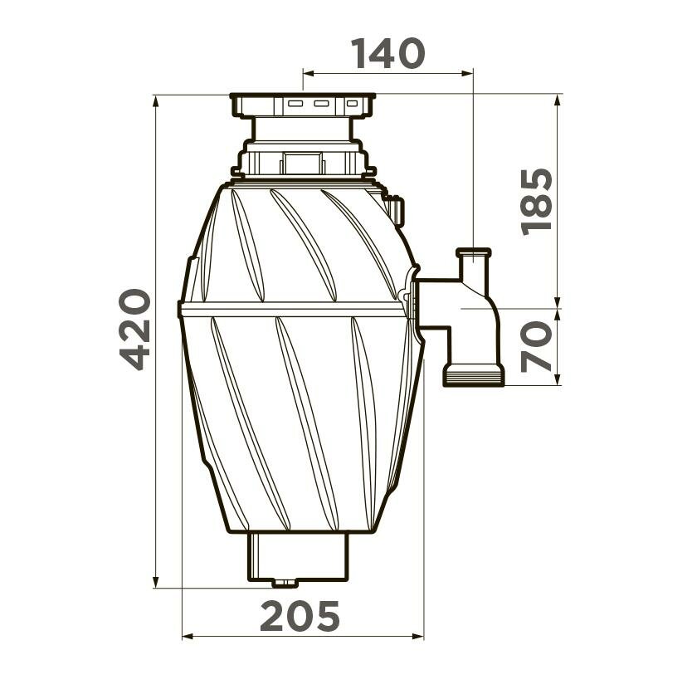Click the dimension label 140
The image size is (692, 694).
[x=387, y=54]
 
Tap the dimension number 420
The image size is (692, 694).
[x=135, y=330]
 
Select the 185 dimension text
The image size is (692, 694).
[x=537, y=203]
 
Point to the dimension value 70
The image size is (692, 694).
[x=537, y=346]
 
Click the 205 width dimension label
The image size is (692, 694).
[x=300, y=616]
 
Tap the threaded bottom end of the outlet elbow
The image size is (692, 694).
[x=474, y=374]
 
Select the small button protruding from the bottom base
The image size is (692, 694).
[x=285, y=584]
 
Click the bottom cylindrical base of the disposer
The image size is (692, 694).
[x=298, y=556]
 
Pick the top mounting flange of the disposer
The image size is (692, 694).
[x=303, y=105]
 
